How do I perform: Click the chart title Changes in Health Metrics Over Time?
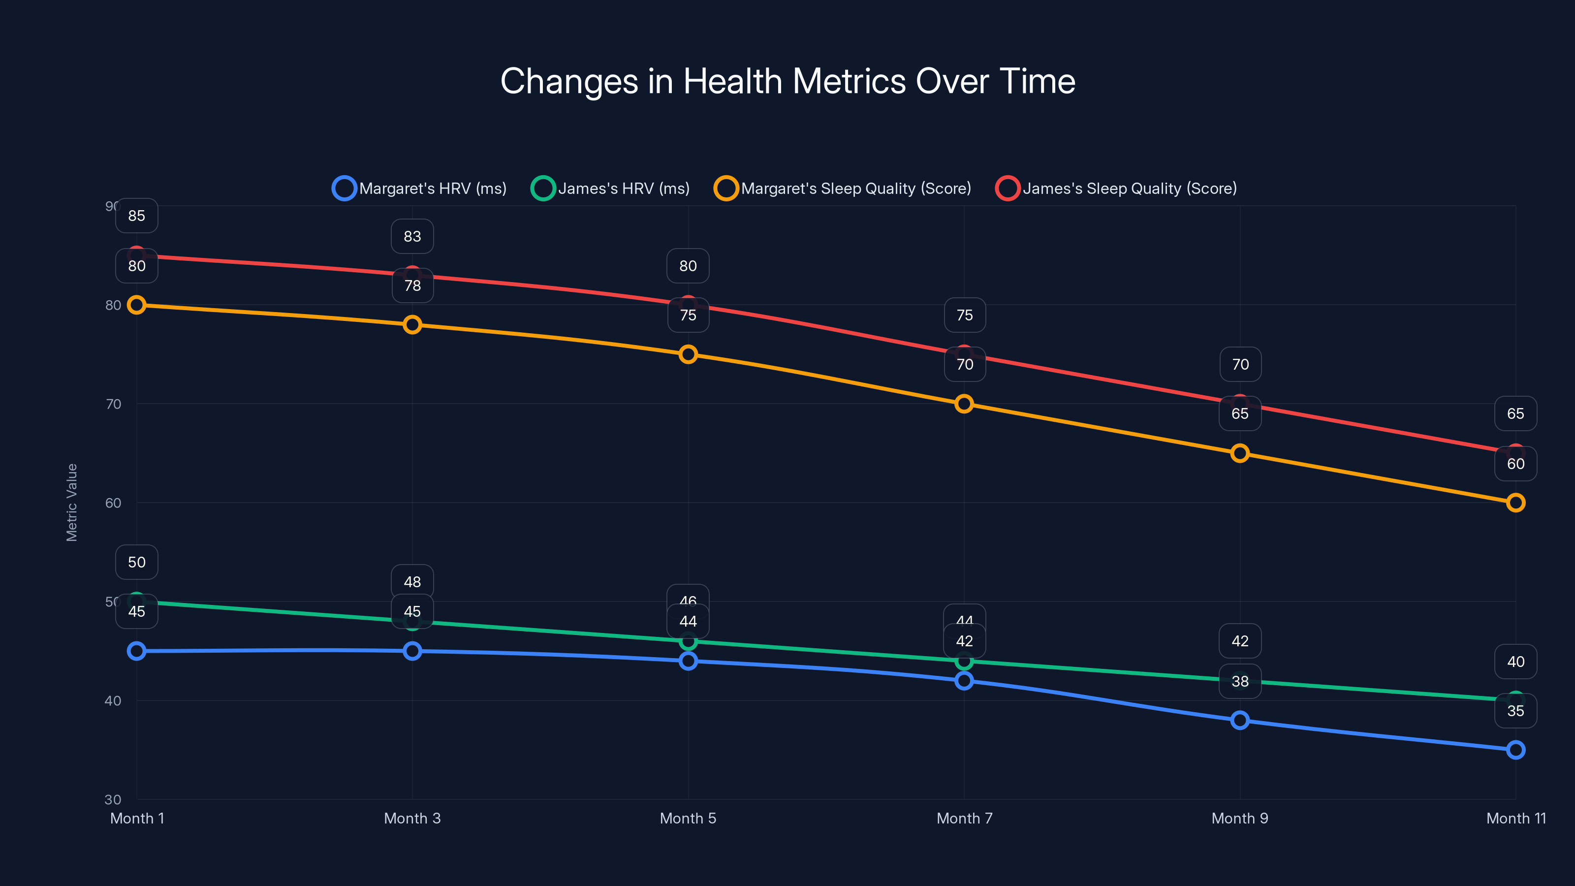click(x=787, y=81)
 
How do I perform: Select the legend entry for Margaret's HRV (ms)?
click(x=419, y=189)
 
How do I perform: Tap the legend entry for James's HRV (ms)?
click(x=611, y=189)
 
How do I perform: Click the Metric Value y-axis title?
click(x=71, y=502)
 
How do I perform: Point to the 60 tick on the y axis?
click(x=113, y=503)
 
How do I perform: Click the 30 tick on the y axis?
click(x=113, y=799)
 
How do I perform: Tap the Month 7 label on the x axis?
click(x=964, y=818)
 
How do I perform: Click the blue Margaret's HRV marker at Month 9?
click(x=1240, y=720)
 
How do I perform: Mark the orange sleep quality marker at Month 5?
click(x=689, y=354)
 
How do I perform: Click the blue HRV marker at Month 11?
click(x=1516, y=750)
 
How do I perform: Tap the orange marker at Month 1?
click(x=137, y=305)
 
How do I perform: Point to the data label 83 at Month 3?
click(x=412, y=237)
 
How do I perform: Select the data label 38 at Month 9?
click(x=1240, y=681)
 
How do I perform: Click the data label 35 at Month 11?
click(x=1516, y=710)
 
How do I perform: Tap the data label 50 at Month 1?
click(x=137, y=562)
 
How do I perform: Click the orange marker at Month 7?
click(x=964, y=404)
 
